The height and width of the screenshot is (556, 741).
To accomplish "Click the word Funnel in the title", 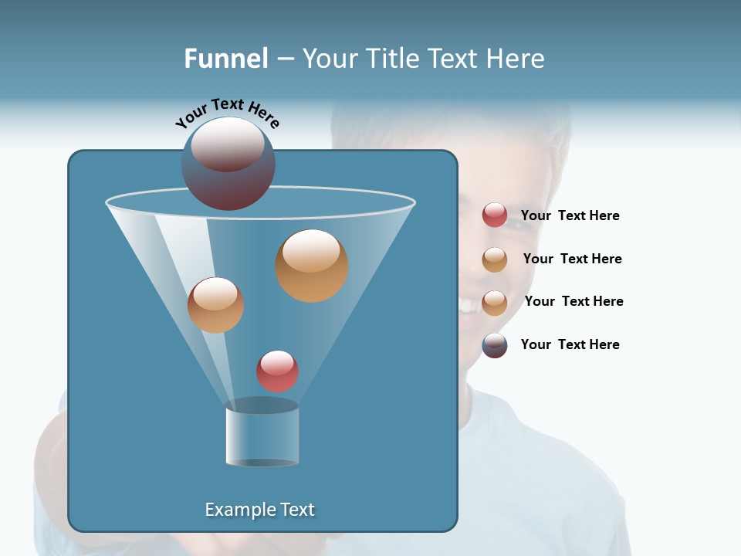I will (225, 59).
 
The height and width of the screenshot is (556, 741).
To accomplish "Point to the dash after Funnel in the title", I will (284, 59).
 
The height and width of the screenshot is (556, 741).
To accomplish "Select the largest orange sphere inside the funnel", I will (312, 265).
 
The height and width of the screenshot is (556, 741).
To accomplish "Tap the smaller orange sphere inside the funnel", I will (215, 304).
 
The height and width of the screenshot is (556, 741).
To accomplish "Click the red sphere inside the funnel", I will (277, 371).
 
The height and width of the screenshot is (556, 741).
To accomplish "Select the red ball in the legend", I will (495, 215).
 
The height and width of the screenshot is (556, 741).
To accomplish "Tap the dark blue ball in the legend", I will (495, 345).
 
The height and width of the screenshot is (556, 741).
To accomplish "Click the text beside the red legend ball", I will (570, 215).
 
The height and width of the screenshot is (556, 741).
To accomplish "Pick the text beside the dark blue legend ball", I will (570, 344).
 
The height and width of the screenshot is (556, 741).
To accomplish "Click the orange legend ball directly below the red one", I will (495, 259).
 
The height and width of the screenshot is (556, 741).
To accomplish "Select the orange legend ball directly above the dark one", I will (495, 303).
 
